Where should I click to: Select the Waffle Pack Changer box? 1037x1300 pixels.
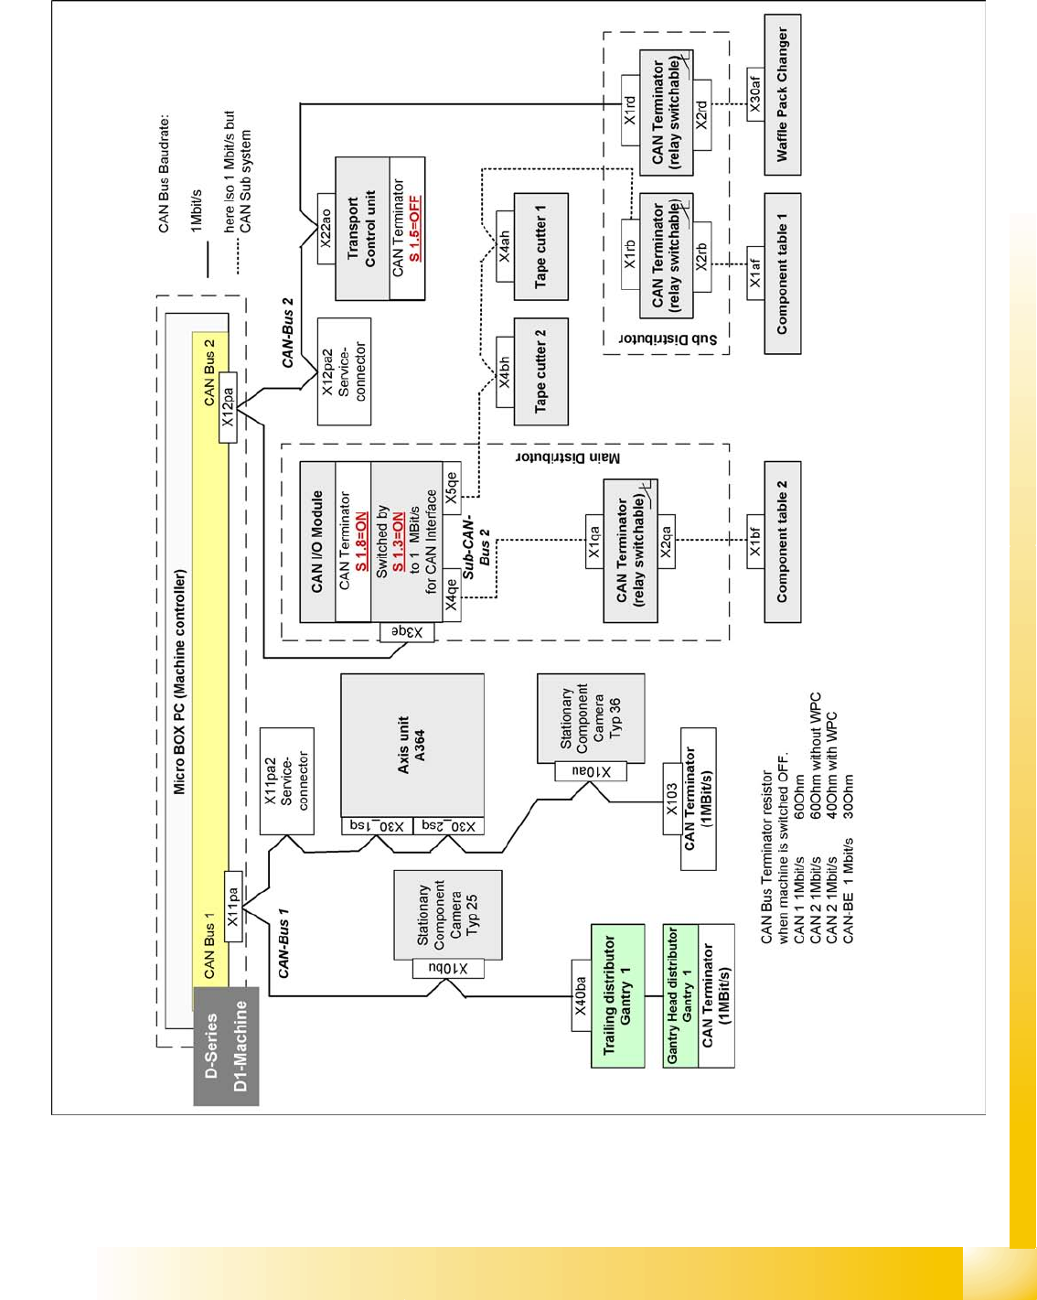tap(782, 95)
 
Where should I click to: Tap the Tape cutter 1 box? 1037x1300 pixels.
tap(540, 247)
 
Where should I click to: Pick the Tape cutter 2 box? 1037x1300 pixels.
tap(540, 371)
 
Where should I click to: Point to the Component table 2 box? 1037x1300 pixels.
tap(782, 542)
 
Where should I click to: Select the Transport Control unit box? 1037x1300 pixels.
tap(362, 229)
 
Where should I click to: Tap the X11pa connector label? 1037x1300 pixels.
tap(233, 908)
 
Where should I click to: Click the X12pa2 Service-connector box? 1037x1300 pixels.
tap(344, 371)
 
